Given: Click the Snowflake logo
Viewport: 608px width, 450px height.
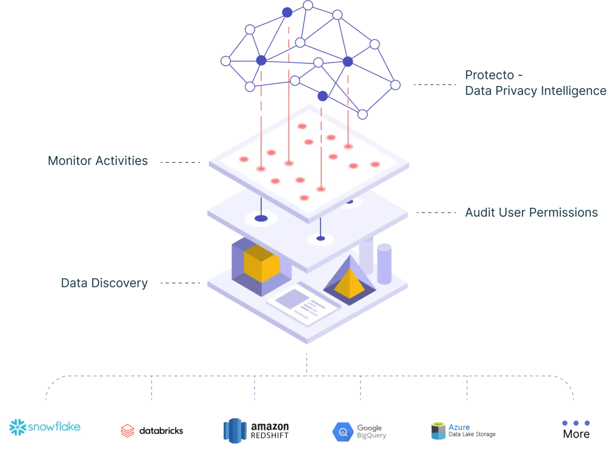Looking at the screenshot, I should click(x=45, y=427).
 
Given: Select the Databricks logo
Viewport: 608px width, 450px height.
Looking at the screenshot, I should click(x=152, y=430).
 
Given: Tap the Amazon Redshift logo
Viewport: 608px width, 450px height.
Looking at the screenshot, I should click(x=256, y=431).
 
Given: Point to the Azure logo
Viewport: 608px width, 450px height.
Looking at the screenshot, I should click(x=448, y=429).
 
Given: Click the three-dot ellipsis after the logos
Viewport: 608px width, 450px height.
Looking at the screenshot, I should click(x=577, y=423).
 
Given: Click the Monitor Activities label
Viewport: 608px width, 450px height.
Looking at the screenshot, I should click(x=99, y=160).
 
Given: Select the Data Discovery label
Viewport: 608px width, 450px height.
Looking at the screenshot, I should click(x=104, y=283).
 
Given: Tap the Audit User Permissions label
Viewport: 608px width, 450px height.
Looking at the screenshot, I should click(x=529, y=213).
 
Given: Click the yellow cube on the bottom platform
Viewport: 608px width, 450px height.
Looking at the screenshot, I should click(x=261, y=264).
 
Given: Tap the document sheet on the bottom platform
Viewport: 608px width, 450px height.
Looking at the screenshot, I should click(x=303, y=303).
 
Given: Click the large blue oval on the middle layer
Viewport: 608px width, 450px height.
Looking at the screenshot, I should click(x=261, y=218).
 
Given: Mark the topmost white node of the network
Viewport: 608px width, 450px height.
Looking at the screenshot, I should click(x=308, y=5).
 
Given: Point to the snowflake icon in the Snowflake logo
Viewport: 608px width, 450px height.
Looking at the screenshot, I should click(x=18, y=427).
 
